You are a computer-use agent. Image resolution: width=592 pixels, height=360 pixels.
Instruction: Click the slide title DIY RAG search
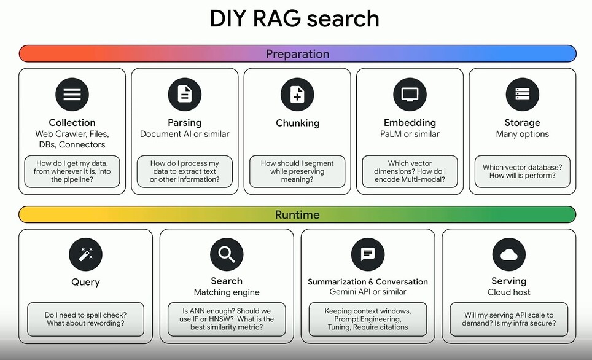(295, 18)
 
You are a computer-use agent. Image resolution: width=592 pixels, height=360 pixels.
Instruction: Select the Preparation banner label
(297, 54)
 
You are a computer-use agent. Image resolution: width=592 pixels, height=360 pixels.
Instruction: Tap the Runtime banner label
(297, 214)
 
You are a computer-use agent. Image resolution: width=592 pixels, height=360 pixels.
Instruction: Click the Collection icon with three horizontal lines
(72, 95)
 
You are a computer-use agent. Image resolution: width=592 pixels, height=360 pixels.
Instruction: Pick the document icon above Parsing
(185, 95)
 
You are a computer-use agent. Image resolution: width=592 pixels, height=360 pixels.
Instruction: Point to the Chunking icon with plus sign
(297, 95)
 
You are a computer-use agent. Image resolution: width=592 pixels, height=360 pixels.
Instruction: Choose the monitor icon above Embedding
(410, 95)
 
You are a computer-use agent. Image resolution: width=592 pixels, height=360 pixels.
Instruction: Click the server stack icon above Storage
(523, 95)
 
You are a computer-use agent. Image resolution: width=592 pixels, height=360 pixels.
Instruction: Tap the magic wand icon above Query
(86, 254)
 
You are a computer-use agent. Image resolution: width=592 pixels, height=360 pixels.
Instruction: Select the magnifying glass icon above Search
(227, 254)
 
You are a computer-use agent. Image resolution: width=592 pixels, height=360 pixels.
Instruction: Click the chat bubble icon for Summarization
(368, 254)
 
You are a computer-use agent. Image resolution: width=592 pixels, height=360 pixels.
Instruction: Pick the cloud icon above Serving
(509, 254)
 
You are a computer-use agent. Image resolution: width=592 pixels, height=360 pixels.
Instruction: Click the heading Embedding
(410, 123)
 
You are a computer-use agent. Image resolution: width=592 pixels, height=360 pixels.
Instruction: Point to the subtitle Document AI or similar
(185, 134)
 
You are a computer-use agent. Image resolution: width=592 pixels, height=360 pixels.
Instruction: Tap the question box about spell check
(86, 319)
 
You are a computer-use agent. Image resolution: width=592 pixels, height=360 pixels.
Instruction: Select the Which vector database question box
(523, 171)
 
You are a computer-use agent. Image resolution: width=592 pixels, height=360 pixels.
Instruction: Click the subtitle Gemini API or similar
(368, 292)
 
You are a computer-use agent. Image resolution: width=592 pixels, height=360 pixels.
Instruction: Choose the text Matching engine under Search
(227, 292)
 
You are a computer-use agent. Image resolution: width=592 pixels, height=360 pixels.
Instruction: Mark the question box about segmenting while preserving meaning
(297, 171)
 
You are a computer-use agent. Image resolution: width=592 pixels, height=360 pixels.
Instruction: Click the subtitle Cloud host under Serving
(509, 292)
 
